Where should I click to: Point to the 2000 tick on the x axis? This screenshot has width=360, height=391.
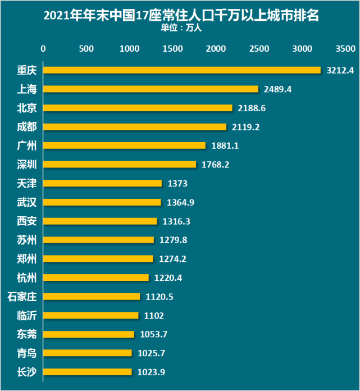tap(216, 49)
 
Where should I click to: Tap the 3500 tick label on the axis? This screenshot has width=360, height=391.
tap(344, 49)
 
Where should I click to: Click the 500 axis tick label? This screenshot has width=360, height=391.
tap(86, 49)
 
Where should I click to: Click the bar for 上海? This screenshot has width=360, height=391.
tap(151, 89)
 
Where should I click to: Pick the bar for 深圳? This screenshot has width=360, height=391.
tap(120, 164)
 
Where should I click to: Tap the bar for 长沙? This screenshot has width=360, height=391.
tap(88, 371)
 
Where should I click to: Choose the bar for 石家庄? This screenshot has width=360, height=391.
tap(92, 296)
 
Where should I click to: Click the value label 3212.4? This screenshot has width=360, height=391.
tap(340, 71)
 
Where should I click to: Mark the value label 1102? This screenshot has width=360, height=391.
tap(154, 316)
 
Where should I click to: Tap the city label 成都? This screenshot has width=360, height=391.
tap(26, 126)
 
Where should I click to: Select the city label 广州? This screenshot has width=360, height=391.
tap(26, 146)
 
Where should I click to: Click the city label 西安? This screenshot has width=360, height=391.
tap(26, 221)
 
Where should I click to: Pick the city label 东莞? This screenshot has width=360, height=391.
tap(26, 334)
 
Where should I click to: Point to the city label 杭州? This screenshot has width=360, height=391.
tap(26, 278)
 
